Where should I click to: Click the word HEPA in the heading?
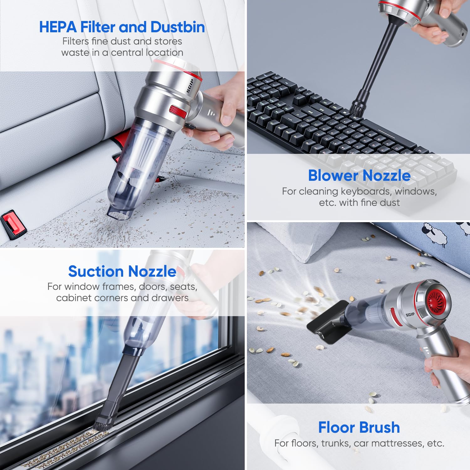(x=58, y=27)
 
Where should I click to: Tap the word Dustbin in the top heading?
(x=178, y=27)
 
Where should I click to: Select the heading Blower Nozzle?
(x=359, y=175)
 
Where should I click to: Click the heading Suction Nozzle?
(x=122, y=271)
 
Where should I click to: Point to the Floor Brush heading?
(x=359, y=427)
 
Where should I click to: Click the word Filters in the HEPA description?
(x=76, y=41)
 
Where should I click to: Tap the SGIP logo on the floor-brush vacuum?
(x=410, y=314)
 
